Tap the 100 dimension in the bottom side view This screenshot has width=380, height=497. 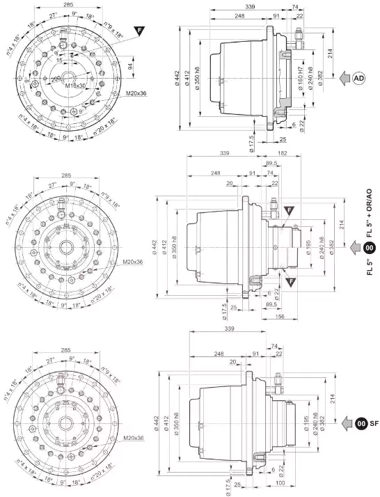[x=279, y=483]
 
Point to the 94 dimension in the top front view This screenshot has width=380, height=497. [x=129, y=68]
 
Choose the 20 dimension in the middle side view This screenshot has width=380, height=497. [x=229, y=184]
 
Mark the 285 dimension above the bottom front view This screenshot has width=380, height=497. [x=68, y=343]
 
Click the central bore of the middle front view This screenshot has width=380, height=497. [x=67, y=247]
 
